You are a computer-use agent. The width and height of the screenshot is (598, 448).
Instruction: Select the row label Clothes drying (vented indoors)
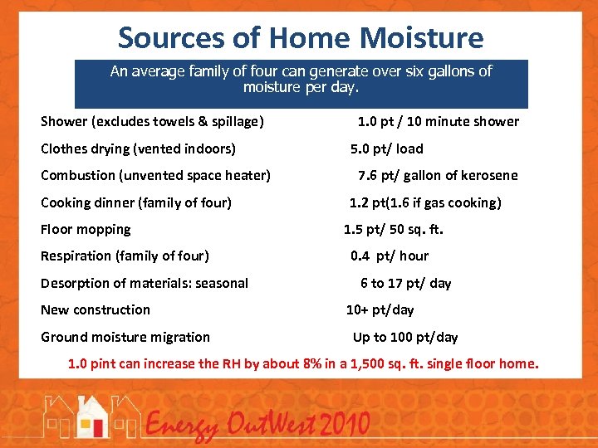pos(138,149)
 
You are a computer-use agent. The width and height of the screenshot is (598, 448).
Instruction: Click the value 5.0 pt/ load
pos(386,149)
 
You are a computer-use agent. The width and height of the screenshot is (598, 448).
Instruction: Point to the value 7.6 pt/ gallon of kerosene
pos(437,175)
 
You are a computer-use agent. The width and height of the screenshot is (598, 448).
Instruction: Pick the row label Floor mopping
pos(86,229)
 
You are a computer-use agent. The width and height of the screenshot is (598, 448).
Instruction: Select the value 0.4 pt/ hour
pos(389,256)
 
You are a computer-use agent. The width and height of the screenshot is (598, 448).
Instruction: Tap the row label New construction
pos(96,309)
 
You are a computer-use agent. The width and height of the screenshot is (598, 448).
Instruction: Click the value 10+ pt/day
pos(380,309)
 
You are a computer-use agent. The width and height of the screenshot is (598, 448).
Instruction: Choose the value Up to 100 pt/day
pos(404,337)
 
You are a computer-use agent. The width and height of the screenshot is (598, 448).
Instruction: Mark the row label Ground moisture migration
pos(125,337)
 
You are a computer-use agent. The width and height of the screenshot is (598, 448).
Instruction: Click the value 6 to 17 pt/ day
pos(405,283)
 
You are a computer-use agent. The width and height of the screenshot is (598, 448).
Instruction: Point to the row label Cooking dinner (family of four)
pos(136,202)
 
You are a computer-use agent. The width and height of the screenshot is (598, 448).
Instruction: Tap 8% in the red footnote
pos(287,363)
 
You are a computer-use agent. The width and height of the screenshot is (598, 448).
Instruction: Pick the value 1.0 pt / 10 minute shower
pos(438,121)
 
